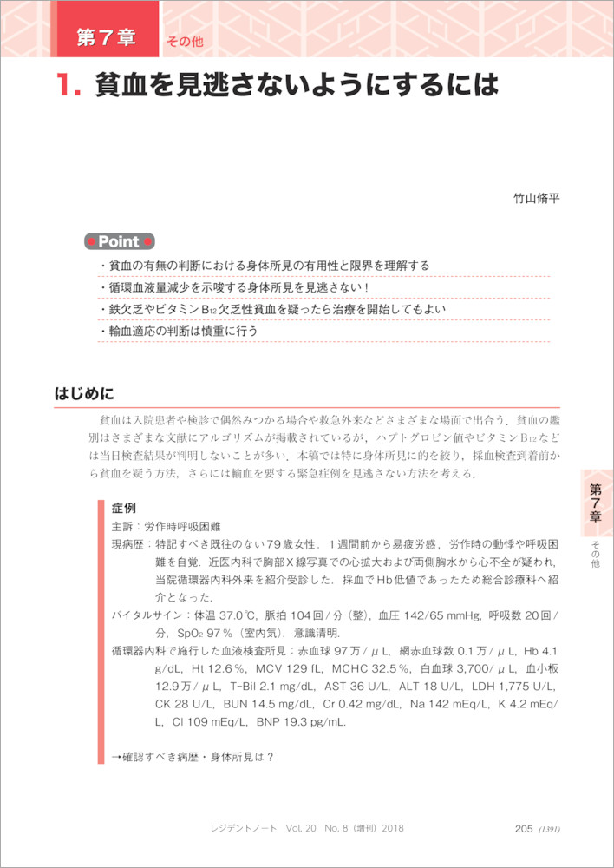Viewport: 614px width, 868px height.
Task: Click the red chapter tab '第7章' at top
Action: pyautogui.click(x=106, y=37)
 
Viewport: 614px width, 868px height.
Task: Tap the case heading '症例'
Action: pyautogui.click(x=123, y=507)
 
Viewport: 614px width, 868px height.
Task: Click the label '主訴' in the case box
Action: pyautogui.click(x=122, y=526)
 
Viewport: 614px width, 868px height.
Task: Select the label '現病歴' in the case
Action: pyautogui.click(x=128, y=544)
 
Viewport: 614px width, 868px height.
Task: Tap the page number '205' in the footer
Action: pyautogui.click(x=523, y=828)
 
